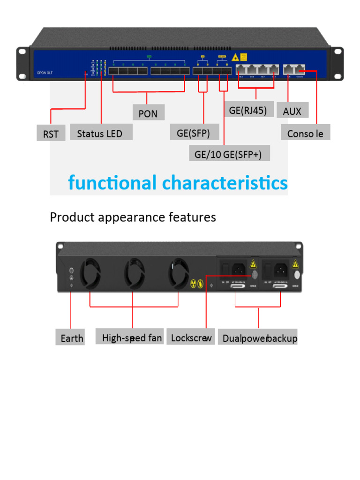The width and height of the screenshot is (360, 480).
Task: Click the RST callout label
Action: coord(51,134)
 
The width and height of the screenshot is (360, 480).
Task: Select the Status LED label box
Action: coord(101,133)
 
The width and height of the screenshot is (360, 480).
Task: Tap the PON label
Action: coord(148,113)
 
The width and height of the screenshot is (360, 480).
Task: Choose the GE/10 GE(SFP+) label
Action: coord(229,154)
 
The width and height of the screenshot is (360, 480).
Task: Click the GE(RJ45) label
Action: coord(248,111)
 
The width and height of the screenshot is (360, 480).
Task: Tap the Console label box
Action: coord(305,133)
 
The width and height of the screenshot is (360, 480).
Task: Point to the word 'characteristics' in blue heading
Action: coord(225,183)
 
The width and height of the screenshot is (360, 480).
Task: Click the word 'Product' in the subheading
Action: coord(69,217)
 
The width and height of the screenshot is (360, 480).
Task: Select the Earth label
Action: coord(72,338)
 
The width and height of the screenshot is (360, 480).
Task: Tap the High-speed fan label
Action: coord(132,337)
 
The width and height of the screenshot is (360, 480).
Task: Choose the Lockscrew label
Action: coord(191,337)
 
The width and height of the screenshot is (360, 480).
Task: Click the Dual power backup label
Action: coord(259,338)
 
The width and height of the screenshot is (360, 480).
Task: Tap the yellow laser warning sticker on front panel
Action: coord(244,57)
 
